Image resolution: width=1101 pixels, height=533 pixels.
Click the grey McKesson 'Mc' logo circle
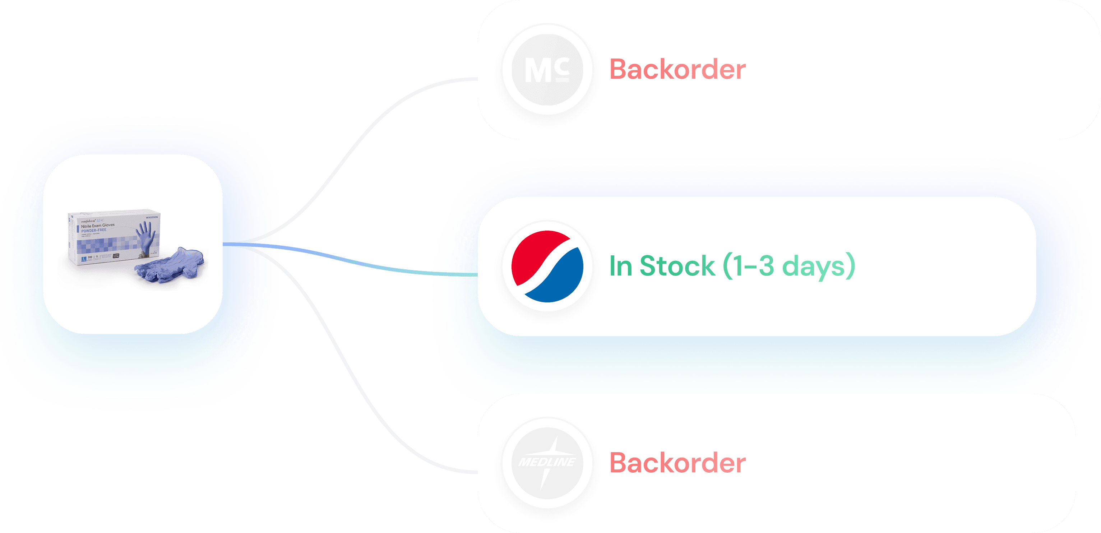[547, 70]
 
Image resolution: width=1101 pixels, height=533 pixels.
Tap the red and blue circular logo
[547, 266]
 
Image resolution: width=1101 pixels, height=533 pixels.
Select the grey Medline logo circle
[547, 463]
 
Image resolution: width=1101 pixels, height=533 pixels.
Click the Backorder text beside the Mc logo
[677, 70]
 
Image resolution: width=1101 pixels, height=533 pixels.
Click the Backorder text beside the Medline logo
[677, 463]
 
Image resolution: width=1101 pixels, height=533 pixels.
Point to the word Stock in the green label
[677, 266]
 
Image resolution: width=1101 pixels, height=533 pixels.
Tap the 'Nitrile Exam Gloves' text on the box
[98, 225]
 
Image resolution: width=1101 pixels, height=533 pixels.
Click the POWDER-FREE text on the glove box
[94, 230]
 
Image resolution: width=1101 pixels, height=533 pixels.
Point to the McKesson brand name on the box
[152, 217]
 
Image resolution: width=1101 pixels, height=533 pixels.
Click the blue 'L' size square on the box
[84, 259]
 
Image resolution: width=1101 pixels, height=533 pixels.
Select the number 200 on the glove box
[90, 257]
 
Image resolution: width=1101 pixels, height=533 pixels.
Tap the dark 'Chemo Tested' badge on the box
[116, 256]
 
